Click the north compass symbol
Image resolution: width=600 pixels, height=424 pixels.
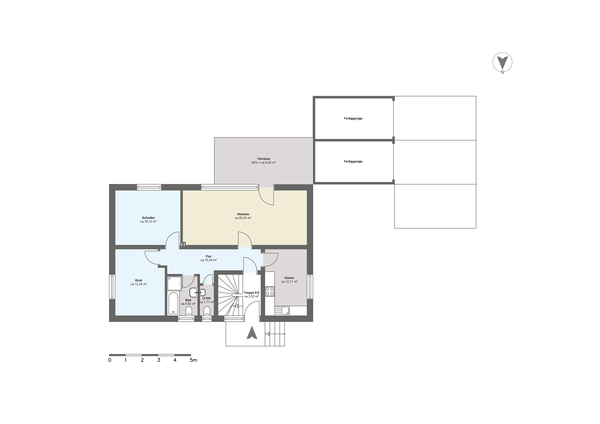click(x=502, y=63)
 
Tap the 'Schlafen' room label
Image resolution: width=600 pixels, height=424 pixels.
click(x=148, y=218)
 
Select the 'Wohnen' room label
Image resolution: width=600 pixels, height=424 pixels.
click(x=243, y=214)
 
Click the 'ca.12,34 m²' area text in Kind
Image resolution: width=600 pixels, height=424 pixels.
click(x=139, y=284)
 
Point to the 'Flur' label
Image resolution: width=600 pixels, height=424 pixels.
click(x=209, y=256)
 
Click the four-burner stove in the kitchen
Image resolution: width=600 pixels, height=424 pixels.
click(x=270, y=292)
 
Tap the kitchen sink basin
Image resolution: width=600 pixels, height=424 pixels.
click(x=285, y=311)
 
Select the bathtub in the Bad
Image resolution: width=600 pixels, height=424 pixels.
click(x=173, y=303)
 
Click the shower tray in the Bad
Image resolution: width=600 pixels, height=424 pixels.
click(x=174, y=283)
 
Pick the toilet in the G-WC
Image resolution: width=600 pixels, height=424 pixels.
click(x=207, y=311)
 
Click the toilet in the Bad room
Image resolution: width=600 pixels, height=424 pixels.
click(x=189, y=311)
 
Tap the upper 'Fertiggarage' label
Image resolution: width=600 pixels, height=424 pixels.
click(x=353, y=119)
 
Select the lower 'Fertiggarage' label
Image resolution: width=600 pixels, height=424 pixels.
click(x=353, y=161)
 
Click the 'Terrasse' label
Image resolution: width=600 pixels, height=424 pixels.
click(x=264, y=159)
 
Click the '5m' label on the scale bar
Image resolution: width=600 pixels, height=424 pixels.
click(x=193, y=360)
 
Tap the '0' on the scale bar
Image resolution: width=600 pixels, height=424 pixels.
click(x=110, y=360)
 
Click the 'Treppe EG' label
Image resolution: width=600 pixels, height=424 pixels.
click(x=252, y=293)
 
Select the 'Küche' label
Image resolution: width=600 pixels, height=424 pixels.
click(x=289, y=278)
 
